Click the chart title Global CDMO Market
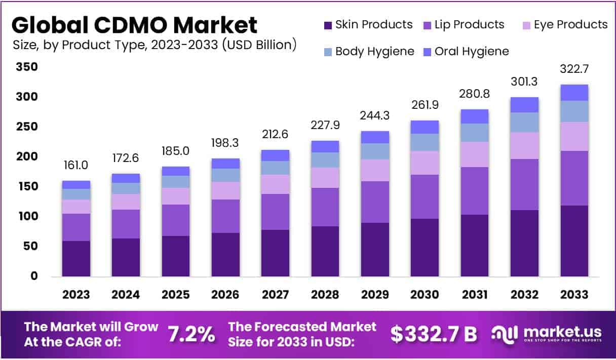(x=134, y=25)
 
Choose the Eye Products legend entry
(x=564, y=25)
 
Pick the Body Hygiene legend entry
(x=368, y=51)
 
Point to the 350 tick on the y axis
(x=27, y=67)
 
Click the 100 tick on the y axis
(x=27, y=216)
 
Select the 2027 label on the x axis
(x=275, y=295)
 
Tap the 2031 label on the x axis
(x=475, y=295)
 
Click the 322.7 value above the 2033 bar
(x=574, y=69)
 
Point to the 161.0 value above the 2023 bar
(x=76, y=165)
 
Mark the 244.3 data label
(x=375, y=115)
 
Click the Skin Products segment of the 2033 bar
(x=574, y=241)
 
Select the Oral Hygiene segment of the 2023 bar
(x=76, y=185)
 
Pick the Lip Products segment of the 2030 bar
(x=425, y=196)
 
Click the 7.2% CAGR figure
(x=191, y=334)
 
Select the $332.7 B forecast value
(x=434, y=334)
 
